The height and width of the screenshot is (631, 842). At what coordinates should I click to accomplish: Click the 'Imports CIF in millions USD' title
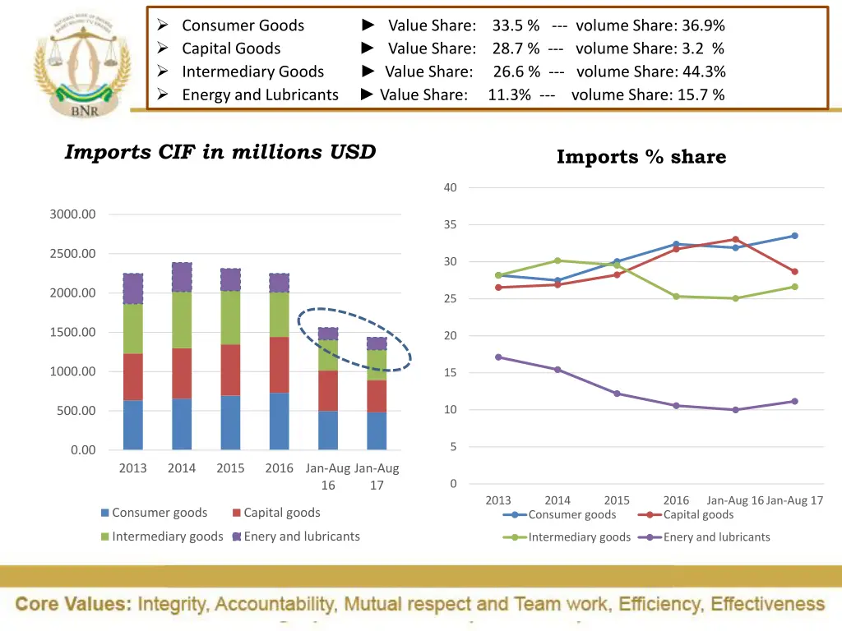click(x=220, y=152)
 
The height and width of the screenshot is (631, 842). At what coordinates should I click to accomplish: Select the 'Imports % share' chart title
click(x=641, y=157)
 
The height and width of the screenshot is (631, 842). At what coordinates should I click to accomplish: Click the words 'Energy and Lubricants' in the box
click(x=260, y=94)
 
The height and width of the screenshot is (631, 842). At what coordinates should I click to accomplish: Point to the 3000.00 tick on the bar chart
click(x=72, y=214)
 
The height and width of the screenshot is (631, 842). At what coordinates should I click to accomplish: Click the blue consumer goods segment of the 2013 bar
click(x=132, y=425)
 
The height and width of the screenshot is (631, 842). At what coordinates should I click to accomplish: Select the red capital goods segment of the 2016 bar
click(x=280, y=365)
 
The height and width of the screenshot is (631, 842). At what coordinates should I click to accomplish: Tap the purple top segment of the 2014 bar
click(x=182, y=278)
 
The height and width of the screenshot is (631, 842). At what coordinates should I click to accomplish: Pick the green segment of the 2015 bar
click(x=231, y=317)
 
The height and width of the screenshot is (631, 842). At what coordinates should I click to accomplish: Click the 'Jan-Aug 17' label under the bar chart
click(x=377, y=477)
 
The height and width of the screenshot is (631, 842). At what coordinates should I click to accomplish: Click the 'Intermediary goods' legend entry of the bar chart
click(x=167, y=537)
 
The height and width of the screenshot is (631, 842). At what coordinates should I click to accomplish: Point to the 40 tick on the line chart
click(x=450, y=187)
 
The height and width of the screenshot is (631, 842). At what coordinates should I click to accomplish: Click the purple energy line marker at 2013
click(x=498, y=357)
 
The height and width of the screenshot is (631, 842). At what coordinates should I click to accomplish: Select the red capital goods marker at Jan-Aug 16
click(x=735, y=240)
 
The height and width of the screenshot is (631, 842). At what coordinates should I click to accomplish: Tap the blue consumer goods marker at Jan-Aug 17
click(x=794, y=236)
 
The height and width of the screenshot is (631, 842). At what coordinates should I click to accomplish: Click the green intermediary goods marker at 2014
click(x=557, y=260)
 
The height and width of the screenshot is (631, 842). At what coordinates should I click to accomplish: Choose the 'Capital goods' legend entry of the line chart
click(x=697, y=514)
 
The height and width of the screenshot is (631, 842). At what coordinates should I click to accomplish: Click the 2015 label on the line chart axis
click(x=617, y=500)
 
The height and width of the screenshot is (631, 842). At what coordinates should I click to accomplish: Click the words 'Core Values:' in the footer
click(x=74, y=605)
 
